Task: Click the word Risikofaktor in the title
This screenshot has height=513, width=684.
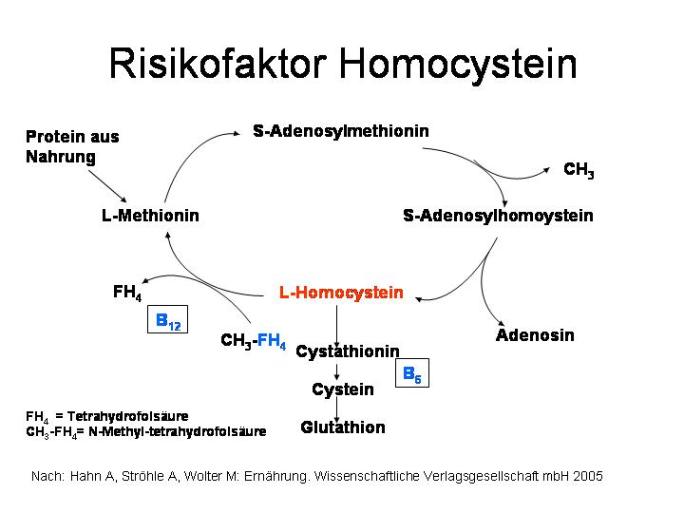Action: [218, 64]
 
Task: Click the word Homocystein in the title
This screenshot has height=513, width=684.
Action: [458, 66]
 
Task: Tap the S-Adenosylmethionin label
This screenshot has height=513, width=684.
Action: [341, 131]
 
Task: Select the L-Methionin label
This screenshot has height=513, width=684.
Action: [150, 216]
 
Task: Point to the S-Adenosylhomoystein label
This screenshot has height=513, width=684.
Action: [498, 216]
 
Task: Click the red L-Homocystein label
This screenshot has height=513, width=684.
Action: [341, 293]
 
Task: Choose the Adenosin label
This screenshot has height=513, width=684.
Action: [535, 335]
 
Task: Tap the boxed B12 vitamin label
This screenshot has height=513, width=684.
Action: [167, 319]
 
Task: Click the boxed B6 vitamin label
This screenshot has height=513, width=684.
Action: [412, 373]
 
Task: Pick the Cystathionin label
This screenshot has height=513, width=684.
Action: [348, 351]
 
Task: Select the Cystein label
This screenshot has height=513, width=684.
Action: [343, 389]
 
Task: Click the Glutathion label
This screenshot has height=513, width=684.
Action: [343, 427]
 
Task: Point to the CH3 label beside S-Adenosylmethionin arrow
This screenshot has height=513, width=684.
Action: [579, 170]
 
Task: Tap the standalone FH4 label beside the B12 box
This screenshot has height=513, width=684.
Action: [127, 293]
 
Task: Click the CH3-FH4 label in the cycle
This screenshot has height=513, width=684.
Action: [254, 341]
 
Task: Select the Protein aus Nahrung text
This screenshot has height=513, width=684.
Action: [72, 146]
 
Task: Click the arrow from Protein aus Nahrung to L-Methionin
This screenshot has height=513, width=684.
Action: [107, 186]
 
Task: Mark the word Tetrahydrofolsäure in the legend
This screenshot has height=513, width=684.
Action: [128, 416]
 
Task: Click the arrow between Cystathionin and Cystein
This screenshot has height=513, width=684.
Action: [336, 372]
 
